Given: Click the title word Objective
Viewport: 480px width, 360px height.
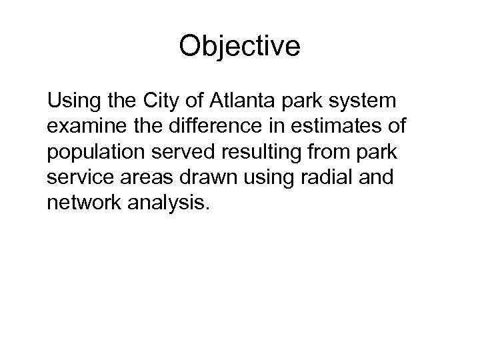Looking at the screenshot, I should click(240, 46).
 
